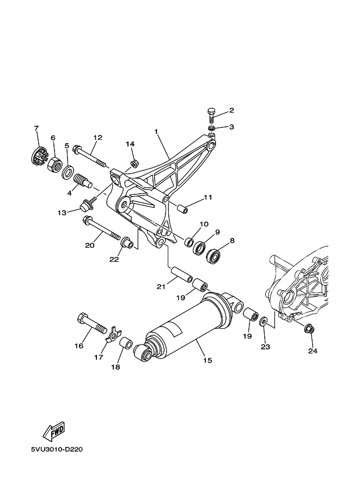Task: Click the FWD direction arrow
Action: tap(54, 432)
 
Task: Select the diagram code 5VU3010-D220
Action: tap(57, 450)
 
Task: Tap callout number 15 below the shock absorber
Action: tap(208, 360)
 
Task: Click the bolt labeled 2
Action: tap(211, 116)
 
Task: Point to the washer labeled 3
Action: tap(212, 128)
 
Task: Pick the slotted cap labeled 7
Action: tap(39, 157)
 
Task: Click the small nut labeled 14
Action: tap(134, 163)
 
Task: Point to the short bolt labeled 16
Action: tap(93, 323)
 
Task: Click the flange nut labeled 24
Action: tap(309, 329)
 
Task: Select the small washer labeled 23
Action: tap(263, 323)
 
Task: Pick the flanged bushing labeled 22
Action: tap(128, 242)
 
